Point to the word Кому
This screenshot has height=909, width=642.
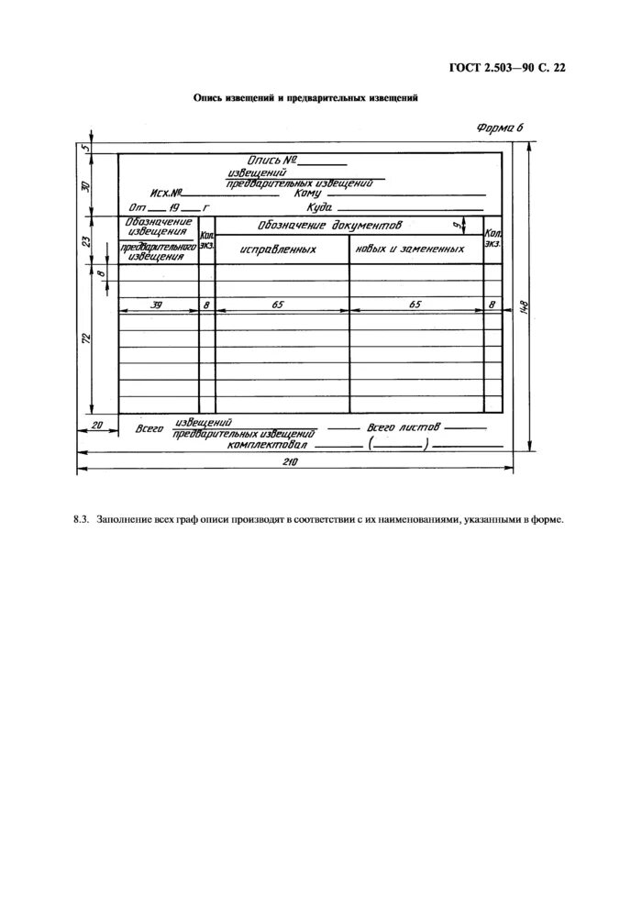pyautogui.click(x=307, y=194)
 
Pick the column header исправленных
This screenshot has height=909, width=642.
pyautogui.click(x=278, y=249)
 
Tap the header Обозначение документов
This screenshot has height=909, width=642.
pyautogui.click(x=330, y=225)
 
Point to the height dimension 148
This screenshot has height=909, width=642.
pyautogui.click(x=525, y=308)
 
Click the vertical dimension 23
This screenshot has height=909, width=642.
pyautogui.click(x=85, y=241)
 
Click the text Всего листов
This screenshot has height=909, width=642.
pyautogui.click(x=404, y=427)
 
